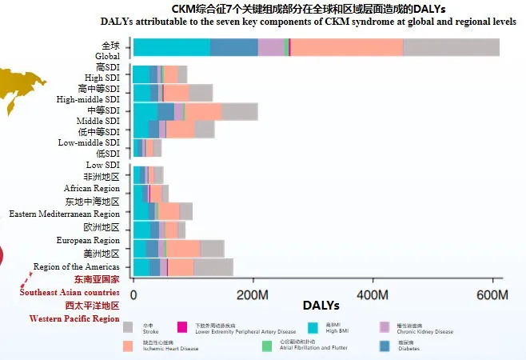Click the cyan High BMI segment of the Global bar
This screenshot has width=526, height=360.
pyautogui.click(x=171, y=47)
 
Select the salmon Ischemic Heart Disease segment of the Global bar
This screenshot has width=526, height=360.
pyautogui.click(x=346, y=47)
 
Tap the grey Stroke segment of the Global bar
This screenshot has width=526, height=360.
pyautogui.click(x=451, y=47)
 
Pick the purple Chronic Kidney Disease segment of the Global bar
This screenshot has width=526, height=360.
pyautogui.click(x=270, y=47)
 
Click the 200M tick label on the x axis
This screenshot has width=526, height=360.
pyautogui.click(x=254, y=294)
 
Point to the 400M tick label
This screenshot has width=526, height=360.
pyautogui.click(x=373, y=294)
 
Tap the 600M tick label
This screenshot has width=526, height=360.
pyautogui.click(x=492, y=294)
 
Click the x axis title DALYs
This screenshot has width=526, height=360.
pyautogui.click(x=321, y=306)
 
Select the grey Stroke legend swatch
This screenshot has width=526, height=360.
pyautogui.click(x=128, y=327)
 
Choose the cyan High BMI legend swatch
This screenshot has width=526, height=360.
pyautogui.click(x=314, y=327)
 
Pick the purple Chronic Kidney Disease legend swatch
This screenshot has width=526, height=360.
pyautogui.click(x=384, y=327)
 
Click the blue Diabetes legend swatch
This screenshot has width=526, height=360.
pyautogui.click(x=384, y=346)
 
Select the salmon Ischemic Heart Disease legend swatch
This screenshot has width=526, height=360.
pyautogui.click(x=128, y=346)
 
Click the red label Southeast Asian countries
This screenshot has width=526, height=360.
pyautogui.click(x=70, y=292)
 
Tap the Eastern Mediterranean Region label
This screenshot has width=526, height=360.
pyautogui.click(x=65, y=214)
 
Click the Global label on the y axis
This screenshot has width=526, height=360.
pyautogui.click(x=107, y=56)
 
